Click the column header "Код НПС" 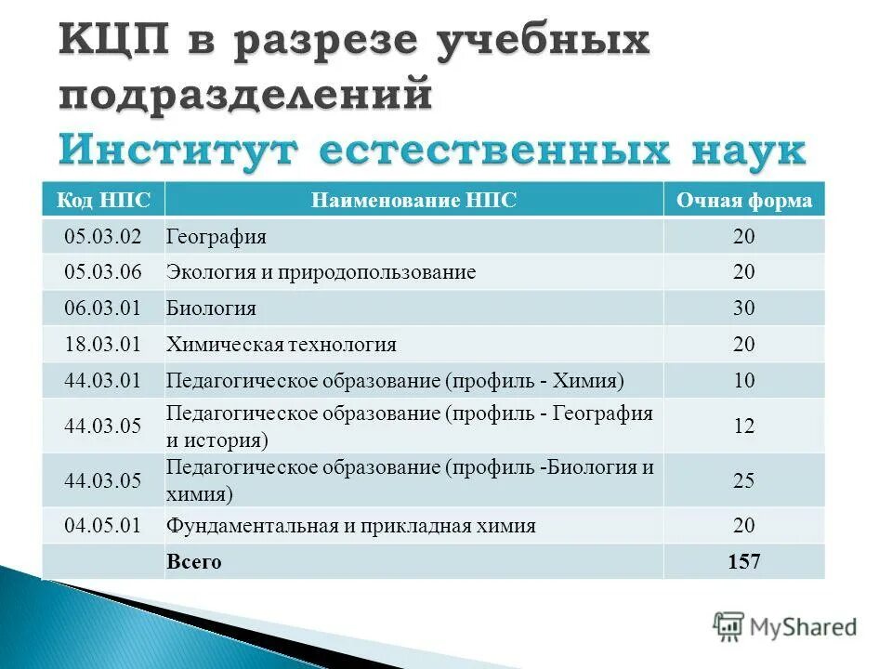point(102,201)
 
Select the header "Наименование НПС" point(413,201)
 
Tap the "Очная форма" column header point(743,201)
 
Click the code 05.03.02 point(102,237)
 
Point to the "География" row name point(216,237)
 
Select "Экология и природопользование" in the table point(321,272)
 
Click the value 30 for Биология point(743,308)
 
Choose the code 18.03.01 point(102,345)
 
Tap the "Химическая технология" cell point(281,345)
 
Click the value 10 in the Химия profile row point(743,381)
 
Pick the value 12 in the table point(743,426)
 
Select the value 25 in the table point(743,481)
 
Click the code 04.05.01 point(102,526)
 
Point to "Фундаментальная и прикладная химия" point(350,526)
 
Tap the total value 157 point(743,562)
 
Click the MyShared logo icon point(728,626)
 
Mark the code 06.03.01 point(102,308)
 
